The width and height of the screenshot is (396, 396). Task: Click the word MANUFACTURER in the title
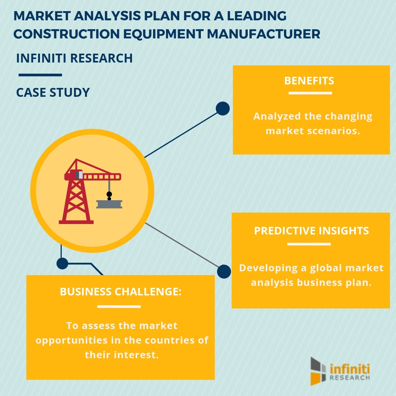(264, 34)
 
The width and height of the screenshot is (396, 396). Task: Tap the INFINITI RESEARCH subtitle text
(74, 58)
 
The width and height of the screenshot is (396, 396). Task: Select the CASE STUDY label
(53, 93)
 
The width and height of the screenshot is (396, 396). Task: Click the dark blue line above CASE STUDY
(40, 75)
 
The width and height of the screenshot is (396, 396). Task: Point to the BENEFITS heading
(309, 81)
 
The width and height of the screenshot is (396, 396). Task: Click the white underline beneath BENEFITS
(310, 93)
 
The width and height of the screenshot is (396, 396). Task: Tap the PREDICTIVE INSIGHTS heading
(311, 231)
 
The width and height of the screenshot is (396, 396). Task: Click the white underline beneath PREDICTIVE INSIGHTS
(309, 244)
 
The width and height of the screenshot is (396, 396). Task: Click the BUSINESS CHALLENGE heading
(121, 292)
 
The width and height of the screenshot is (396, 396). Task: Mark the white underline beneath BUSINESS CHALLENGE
(119, 307)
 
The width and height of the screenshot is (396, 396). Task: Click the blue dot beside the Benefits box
(223, 109)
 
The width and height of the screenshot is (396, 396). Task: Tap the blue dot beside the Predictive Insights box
(224, 272)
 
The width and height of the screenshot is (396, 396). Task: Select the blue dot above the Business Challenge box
(62, 263)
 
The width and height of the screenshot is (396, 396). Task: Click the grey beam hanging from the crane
(109, 204)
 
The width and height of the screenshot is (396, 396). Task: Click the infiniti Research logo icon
(318, 371)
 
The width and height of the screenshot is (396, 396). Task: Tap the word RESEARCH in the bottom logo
(350, 378)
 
